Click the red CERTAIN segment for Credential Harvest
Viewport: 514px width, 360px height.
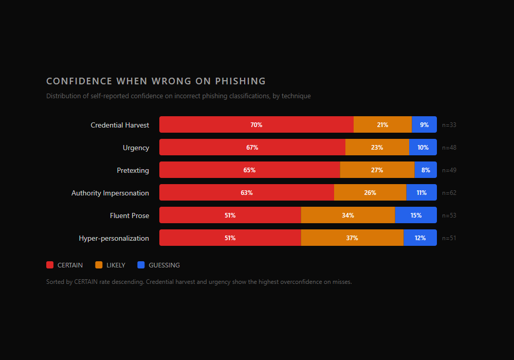click(256, 124)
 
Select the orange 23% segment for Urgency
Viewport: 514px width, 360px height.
click(377, 147)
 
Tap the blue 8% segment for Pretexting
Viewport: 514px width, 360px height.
click(426, 170)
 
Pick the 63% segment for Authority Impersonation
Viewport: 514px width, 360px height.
click(247, 192)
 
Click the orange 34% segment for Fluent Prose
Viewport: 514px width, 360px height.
click(348, 215)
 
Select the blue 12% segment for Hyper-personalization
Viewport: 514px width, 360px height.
click(420, 238)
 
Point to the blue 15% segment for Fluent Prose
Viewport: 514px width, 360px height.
click(416, 215)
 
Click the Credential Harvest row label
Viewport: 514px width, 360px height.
click(120, 125)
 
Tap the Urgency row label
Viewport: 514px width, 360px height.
click(136, 148)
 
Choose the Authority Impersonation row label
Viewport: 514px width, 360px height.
click(110, 193)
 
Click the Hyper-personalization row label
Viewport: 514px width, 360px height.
click(114, 238)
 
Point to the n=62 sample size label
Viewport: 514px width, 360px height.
click(449, 193)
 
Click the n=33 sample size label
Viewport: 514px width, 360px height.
click(449, 125)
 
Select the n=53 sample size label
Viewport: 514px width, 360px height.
click(449, 215)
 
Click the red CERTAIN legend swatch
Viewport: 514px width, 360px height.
click(50, 265)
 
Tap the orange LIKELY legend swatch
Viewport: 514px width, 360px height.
click(99, 265)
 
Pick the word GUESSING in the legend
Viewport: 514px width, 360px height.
click(164, 265)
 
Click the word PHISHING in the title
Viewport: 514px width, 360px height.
click(240, 81)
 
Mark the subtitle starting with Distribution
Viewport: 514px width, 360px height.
click(178, 96)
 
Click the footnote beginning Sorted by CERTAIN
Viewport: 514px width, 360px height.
click(198, 282)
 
